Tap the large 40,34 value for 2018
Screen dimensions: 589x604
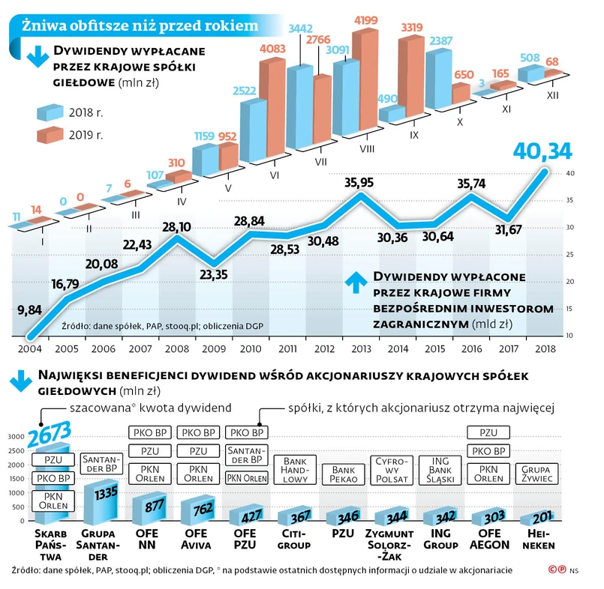[541, 152]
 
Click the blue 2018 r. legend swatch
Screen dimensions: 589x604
[50, 113]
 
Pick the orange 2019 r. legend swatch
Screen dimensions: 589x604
[50, 136]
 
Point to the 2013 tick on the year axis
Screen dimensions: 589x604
[360, 348]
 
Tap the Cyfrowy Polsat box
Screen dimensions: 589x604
[392, 470]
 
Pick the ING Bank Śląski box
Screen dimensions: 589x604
[440, 470]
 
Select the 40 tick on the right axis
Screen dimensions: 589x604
[571, 173]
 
